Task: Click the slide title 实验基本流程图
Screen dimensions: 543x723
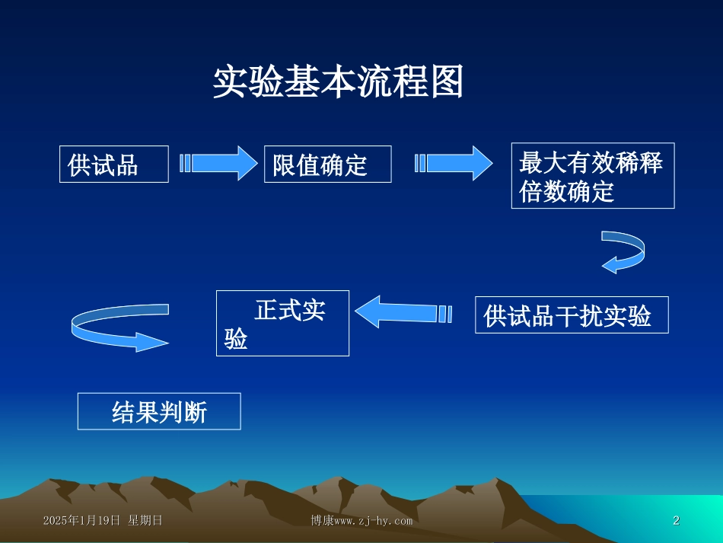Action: (338, 82)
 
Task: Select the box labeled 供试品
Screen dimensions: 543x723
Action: (114, 164)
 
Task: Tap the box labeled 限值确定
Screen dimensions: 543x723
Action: (327, 164)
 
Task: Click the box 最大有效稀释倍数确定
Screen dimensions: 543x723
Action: (592, 176)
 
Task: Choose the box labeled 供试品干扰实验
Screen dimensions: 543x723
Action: (572, 315)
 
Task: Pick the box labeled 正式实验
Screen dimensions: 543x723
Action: (282, 324)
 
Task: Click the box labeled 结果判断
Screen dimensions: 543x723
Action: (159, 412)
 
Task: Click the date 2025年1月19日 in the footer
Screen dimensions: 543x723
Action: (82, 521)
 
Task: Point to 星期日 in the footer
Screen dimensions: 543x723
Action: (145, 521)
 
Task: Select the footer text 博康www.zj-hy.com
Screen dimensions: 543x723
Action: (361, 521)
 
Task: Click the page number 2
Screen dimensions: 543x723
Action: (676, 521)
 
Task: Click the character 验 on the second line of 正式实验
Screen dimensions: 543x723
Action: (236, 340)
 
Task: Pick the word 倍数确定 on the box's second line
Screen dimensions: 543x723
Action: (566, 193)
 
